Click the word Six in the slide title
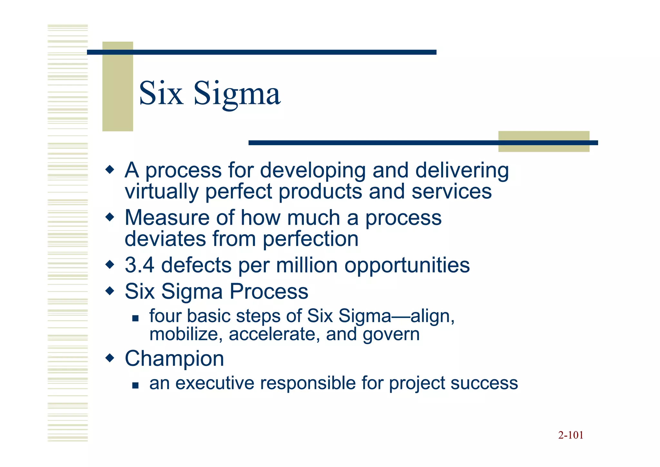[x=161, y=94]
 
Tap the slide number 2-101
[x=571, y=435]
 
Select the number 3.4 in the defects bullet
[x=139, y=265]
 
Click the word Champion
[x=174, y=359]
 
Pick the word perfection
[x=310, y=239]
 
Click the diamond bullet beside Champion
[x=110, y=358]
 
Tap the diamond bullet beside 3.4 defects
[x=110, y=265]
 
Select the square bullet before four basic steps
[x=135, y=319]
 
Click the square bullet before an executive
[x=135, y=385]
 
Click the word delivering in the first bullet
[x=462, y=170]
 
